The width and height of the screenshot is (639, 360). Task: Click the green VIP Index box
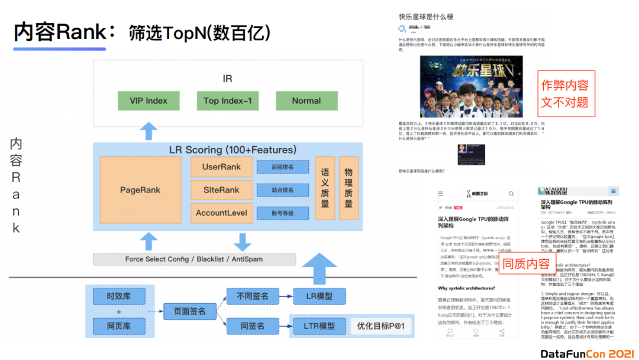[x=148, y=101]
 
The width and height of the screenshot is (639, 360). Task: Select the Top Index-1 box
[x=227, y=101]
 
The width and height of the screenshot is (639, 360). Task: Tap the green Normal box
[x=306, y=101]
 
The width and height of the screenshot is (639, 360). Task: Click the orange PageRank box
[x=140, y=190]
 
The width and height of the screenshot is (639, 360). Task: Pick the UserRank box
[x=221, y=167]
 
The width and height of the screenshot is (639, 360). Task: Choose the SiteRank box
[x=221, y=190]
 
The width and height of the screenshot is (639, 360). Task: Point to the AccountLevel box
[x=221, y=213]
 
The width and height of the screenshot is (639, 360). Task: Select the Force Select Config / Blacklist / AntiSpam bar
[x=194, y=259]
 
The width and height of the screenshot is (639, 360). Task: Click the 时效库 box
[x=119, y=297]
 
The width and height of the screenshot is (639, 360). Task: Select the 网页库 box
[x=119, y=326]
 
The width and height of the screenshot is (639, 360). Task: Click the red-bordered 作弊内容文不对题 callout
[x=565, y=94]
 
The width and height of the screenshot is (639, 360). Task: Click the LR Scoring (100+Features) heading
[x=233, y=150]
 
